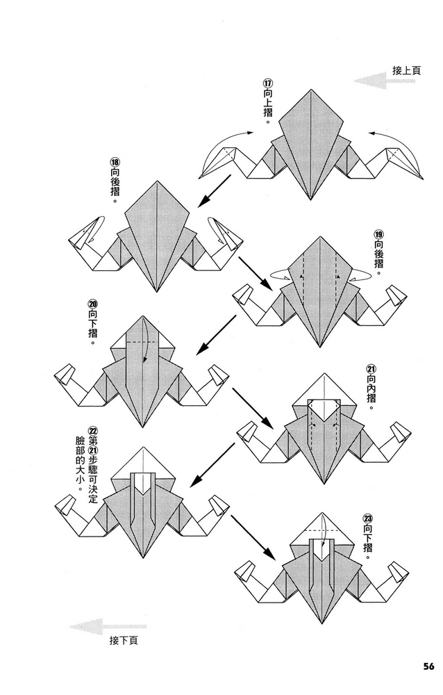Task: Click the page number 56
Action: point(428,667)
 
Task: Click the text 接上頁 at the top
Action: point(406,70)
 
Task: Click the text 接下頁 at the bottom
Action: point(124,640)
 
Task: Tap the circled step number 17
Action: point(267,83)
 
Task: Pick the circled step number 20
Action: point(93,304)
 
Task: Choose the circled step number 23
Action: point(368,518)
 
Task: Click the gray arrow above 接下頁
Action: point(108,627)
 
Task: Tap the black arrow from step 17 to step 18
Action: point(215,190)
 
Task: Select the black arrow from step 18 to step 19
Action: point(256,272)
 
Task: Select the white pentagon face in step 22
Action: point(143,484)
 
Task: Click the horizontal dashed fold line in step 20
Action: point(141,342)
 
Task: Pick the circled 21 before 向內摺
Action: point(370,368)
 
